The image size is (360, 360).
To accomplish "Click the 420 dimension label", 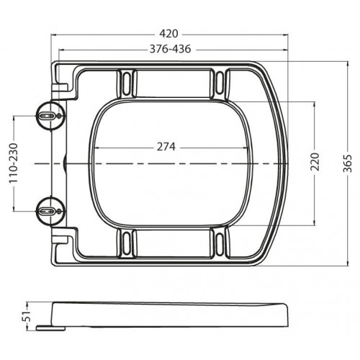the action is point(169,34).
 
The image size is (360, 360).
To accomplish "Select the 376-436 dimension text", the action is point(171,49).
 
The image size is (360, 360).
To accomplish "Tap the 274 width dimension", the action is point(166,147).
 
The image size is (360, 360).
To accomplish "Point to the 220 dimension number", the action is point(315,161).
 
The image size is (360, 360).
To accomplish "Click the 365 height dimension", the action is point(348,163).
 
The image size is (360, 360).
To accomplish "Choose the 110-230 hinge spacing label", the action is point(14,163).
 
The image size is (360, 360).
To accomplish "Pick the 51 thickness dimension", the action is point(27,316).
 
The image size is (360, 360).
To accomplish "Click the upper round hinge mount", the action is point(50,116).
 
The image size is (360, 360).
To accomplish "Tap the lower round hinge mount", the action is point(50,212).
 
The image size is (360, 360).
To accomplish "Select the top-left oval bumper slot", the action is point(126,84).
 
